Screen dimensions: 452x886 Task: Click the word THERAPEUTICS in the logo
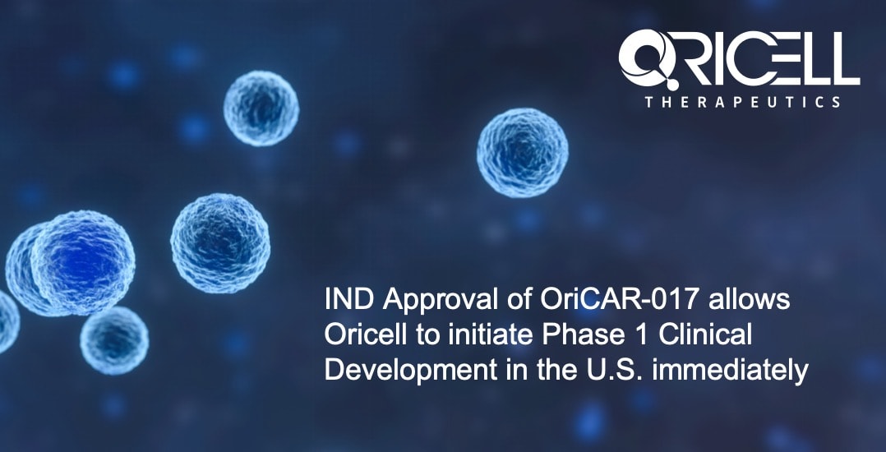coord(743,102)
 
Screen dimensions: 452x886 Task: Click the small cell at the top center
coord(261,108)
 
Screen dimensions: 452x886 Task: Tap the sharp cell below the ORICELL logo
coord(522,153)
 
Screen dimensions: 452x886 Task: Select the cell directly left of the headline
coord(219,243)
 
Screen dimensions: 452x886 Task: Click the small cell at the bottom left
coord(114,339)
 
